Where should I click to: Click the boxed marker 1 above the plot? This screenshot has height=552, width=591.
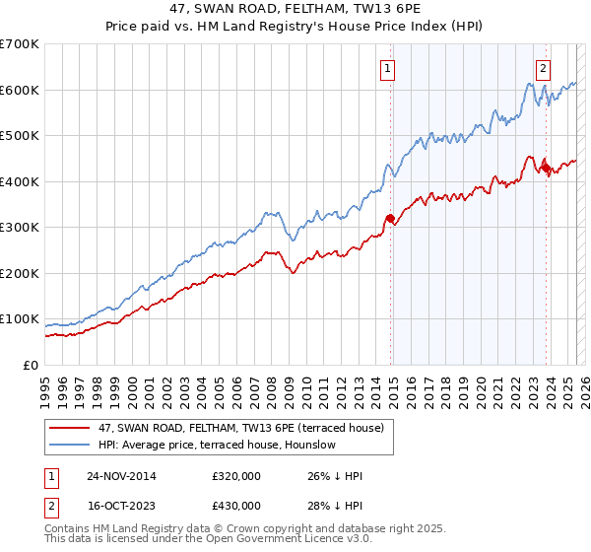coord(388,68)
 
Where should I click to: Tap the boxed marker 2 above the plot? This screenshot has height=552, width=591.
coord(543,68)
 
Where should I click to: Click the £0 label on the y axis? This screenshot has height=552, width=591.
coord(32,365)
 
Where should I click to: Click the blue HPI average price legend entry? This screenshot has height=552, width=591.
coord(217,445)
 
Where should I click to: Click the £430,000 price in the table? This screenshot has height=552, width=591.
coord(236,506)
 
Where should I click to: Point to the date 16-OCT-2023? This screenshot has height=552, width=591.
coord(121,506)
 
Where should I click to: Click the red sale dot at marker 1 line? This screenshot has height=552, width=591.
coord(390,218)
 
